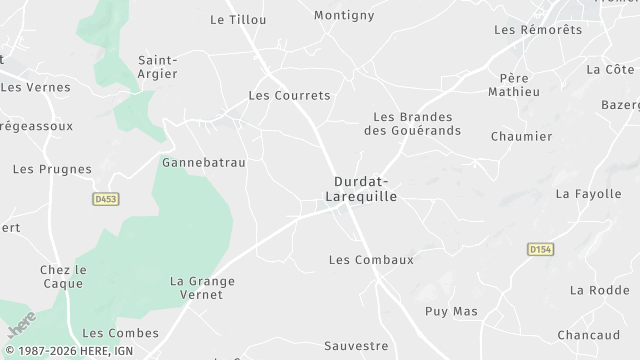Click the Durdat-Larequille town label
362,189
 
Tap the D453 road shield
105,200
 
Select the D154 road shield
541,248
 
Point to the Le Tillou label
232,19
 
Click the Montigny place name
344,15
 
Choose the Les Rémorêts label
538,30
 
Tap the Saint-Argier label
158,66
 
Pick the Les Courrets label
289,96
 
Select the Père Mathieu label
514,84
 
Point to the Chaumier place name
522,136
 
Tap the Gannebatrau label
204,161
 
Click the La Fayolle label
589,194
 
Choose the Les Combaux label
371,260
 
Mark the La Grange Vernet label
203,289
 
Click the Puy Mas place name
452,312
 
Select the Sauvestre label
356,346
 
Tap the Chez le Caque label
63,277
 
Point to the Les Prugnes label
52,170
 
